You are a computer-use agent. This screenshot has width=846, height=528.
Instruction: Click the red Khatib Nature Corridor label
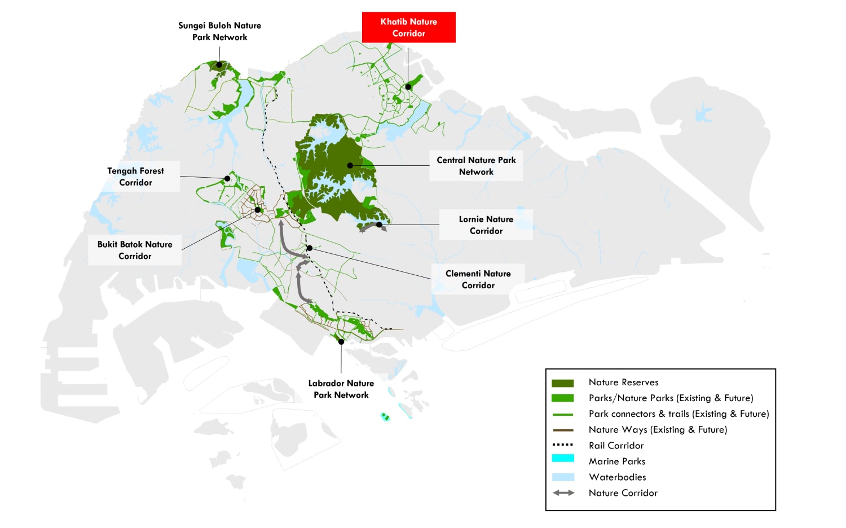click(408, 27)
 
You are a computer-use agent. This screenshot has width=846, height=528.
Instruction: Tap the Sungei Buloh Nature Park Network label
click(219, 31)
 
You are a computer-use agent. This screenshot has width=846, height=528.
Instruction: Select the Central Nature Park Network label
click(476, 166)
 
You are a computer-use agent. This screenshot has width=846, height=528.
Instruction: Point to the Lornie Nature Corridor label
click(486, 225)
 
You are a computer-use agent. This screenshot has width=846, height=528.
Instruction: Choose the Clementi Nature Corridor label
click(478, 279)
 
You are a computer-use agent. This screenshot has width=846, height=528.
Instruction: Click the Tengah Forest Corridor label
click(135, 177)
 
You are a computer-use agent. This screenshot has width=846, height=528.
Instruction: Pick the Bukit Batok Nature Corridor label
click(135, 250)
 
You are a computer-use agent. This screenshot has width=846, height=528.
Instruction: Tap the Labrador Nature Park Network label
click(341, 389)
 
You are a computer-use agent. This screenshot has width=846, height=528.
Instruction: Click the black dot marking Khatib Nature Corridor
click(408, 87)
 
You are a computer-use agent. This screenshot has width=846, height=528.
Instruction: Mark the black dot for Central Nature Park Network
click(350, 165)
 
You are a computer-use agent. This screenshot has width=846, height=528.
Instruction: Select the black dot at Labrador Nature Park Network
click(341, 342)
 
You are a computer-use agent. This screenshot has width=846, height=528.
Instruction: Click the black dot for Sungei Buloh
click(219, 66)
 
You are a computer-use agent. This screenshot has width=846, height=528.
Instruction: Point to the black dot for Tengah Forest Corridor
click(227, 178)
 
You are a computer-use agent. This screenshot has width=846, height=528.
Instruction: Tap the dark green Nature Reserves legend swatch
click(562, 383)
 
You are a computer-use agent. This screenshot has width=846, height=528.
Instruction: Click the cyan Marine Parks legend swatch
click(562, 459)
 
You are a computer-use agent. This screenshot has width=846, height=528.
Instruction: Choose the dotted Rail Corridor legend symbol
click(562, 445)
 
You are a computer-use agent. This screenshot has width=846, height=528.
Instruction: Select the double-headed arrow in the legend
click(563, 492)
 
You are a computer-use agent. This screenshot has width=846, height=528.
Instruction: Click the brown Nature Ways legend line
click(562, 430)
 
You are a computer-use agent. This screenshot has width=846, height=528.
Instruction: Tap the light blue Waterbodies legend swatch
click(562, 477)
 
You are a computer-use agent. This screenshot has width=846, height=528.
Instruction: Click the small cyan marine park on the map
click(385, 417)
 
